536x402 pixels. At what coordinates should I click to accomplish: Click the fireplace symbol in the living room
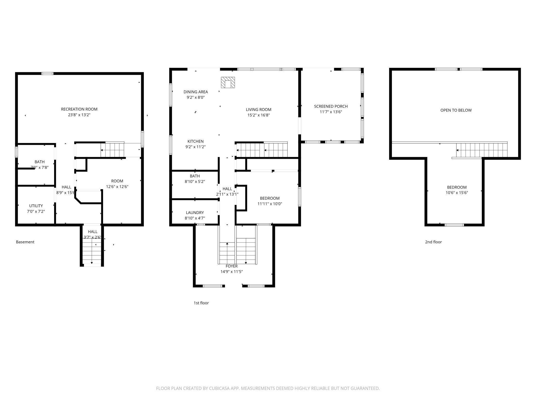228,82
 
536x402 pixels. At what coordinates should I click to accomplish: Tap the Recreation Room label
79,109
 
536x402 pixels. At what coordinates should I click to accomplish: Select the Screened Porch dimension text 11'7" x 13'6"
331,112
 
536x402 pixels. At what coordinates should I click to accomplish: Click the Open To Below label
456,110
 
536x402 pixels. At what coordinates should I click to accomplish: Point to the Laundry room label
195,213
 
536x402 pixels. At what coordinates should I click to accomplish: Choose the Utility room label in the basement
36,206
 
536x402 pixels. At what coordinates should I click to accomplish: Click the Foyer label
231,266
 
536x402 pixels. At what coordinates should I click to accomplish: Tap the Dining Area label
196,92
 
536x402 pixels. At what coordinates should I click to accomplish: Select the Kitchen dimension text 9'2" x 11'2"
195,147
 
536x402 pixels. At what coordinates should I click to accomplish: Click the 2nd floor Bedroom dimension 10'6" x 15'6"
457,193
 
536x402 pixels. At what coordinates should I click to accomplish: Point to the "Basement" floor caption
25,242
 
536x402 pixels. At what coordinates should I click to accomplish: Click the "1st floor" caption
201,303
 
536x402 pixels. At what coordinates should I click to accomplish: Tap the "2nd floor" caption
433,242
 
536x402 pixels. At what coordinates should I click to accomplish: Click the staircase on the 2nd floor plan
481,150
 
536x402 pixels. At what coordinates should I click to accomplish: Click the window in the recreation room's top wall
47,74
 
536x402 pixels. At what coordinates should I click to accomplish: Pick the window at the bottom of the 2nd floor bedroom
454,225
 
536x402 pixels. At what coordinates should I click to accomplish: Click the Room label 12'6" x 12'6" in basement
117,181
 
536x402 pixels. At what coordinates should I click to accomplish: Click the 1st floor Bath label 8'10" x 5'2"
195,176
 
